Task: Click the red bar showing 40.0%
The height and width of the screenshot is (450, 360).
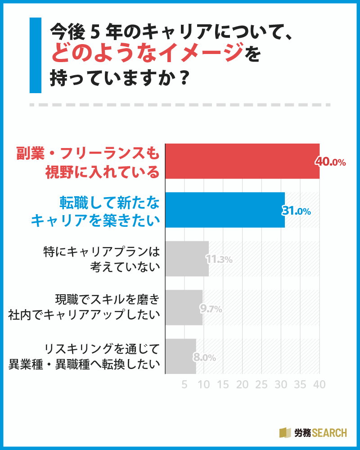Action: tap(242, 161)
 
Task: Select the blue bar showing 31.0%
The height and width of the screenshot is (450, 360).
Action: tap(225, 210)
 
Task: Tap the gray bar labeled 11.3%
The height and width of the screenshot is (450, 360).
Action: tap(187, 259)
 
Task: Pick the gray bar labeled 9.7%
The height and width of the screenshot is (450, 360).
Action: tap(184, 307)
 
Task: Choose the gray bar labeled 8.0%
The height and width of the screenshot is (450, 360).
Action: tap(181, 356)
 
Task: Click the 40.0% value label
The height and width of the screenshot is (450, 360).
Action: tap(330, 162)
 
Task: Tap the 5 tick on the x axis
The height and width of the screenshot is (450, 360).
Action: tap(184, 384)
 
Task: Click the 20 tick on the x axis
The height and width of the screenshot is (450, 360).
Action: tap(242, 384)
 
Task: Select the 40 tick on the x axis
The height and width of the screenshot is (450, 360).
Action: tap(319, 384)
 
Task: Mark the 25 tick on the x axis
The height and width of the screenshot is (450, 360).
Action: tap(261, 384)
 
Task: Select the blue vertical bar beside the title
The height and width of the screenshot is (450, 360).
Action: tap(35, 55)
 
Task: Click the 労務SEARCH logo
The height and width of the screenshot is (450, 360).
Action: tap(313, 432)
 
